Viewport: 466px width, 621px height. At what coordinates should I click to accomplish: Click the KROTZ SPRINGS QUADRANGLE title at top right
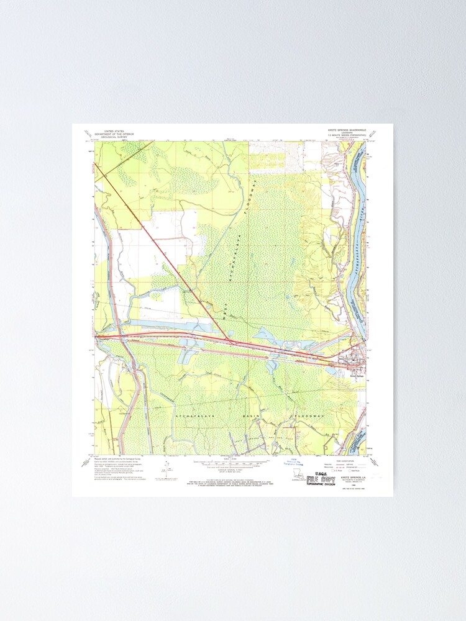click(x=349, y=131)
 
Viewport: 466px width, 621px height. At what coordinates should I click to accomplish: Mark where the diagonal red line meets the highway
click(x=231, y=342)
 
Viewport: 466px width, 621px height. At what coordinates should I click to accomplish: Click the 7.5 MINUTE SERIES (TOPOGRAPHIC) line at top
click(x=349, y=137)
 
